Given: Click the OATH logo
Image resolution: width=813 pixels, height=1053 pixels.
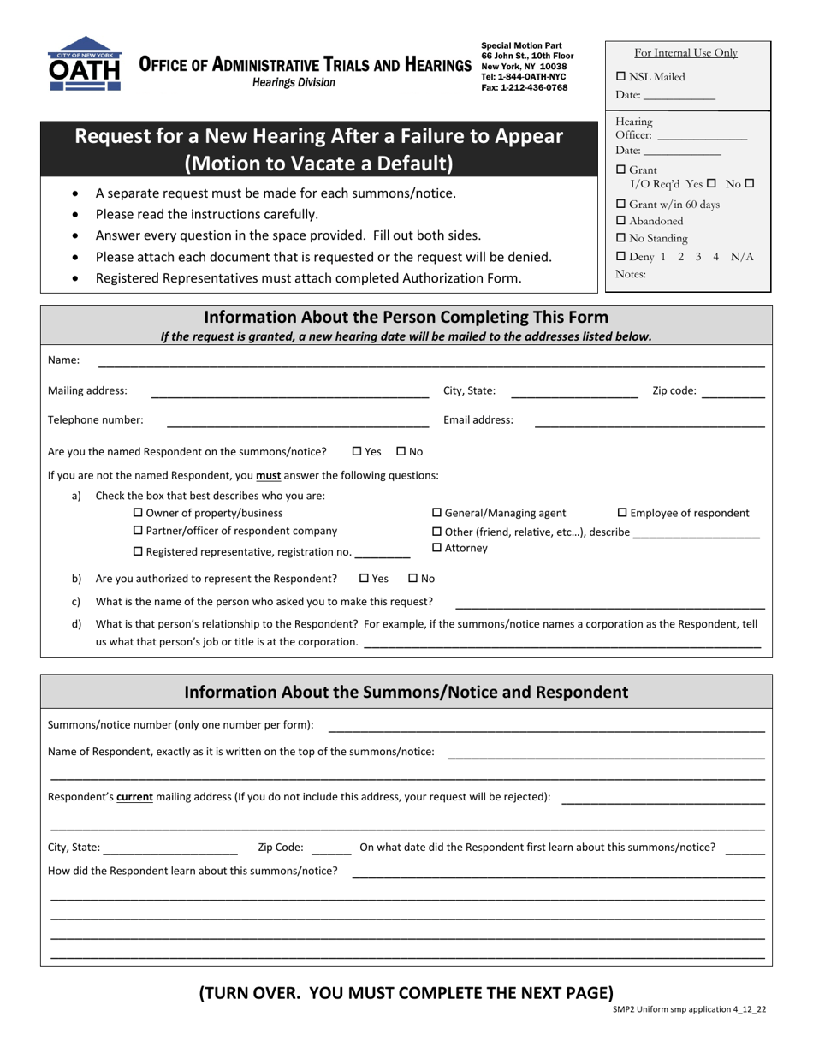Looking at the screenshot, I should click(84, 64).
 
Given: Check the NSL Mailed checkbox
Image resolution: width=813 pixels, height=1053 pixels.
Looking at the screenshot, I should click(621, 76).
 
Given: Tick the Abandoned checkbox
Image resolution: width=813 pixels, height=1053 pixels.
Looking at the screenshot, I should click(621, 221).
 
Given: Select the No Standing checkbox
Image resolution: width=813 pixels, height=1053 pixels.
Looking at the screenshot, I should click(621, 238).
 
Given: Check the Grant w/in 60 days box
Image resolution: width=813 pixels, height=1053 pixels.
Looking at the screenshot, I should click(621, 204).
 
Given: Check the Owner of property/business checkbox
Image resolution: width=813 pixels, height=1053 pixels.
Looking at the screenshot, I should click(139, 513).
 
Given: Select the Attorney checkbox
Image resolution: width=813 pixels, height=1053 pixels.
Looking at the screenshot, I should click(437, 548).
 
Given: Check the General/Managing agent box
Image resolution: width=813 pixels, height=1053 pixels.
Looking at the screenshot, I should click(437, 513).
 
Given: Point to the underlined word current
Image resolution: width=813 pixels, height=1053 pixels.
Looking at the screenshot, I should click(134, 796).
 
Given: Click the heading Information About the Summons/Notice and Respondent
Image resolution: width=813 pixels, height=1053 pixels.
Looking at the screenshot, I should click(406, 692).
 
